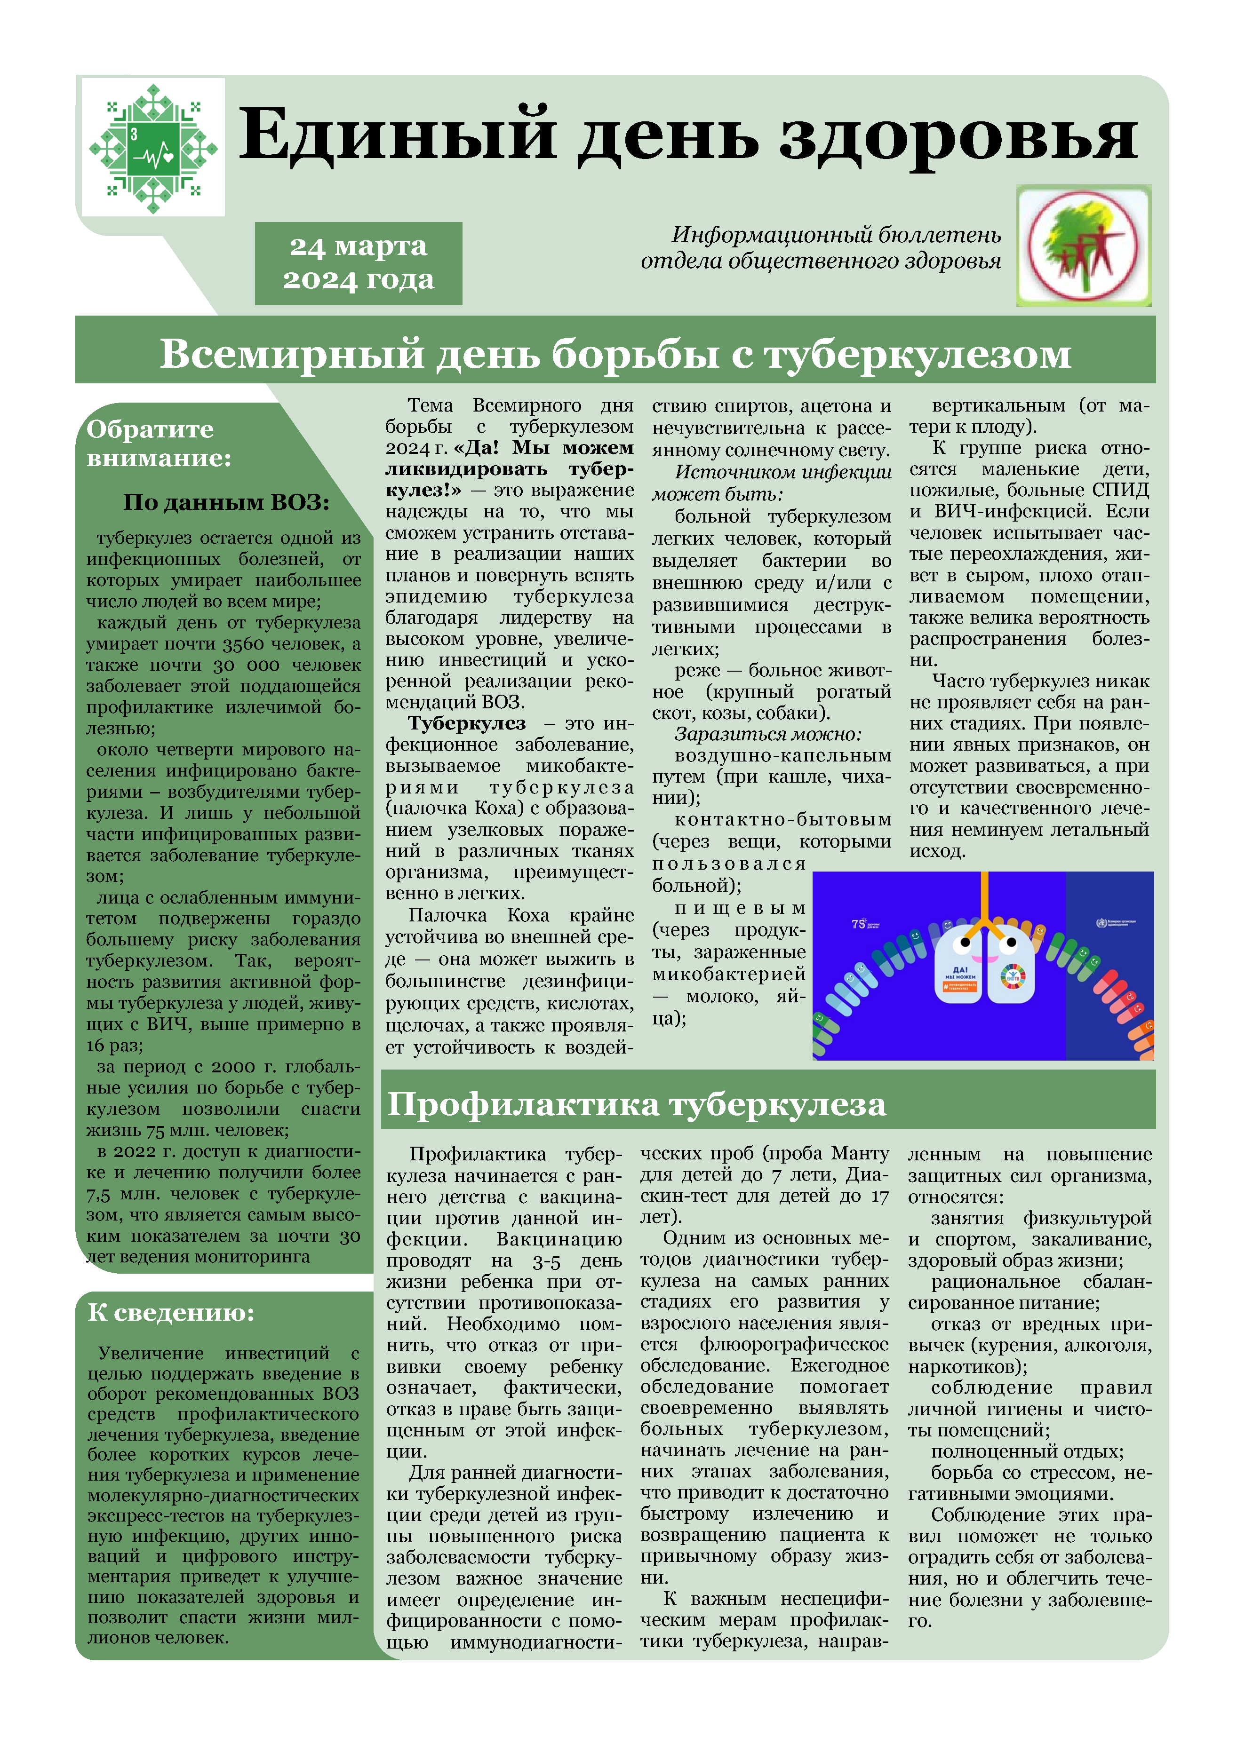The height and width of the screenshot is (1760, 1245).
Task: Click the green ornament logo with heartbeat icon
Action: tap(153, 148)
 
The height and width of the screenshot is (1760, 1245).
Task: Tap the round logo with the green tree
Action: tap(1083, 246)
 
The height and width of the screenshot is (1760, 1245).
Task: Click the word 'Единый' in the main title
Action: tap(396, 135)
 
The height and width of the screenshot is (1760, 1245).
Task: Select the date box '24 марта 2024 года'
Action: tap(358, 263)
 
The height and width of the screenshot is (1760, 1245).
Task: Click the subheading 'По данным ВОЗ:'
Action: tap(226, 502)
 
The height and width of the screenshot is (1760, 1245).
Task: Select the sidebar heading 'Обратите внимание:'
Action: tap(158, 443)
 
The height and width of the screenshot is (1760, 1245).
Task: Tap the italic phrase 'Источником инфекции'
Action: tap(782, 472)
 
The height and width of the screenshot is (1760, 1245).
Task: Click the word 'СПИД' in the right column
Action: tap(1120, 491)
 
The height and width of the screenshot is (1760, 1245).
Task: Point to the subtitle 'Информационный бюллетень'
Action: tap(836, 235)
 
